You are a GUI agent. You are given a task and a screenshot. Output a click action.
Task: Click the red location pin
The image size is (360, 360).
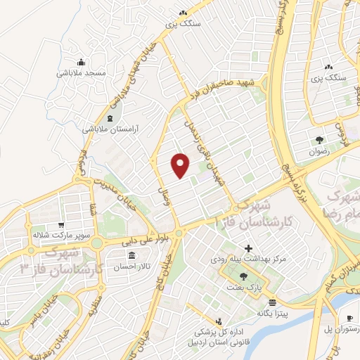(181, 165)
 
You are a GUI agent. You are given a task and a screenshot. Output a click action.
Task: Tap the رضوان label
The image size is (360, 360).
(321, 150)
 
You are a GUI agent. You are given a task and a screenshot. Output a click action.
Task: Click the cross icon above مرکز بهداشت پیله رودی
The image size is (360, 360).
(247, 248)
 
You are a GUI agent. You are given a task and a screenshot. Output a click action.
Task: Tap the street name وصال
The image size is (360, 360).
(164, 186)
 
